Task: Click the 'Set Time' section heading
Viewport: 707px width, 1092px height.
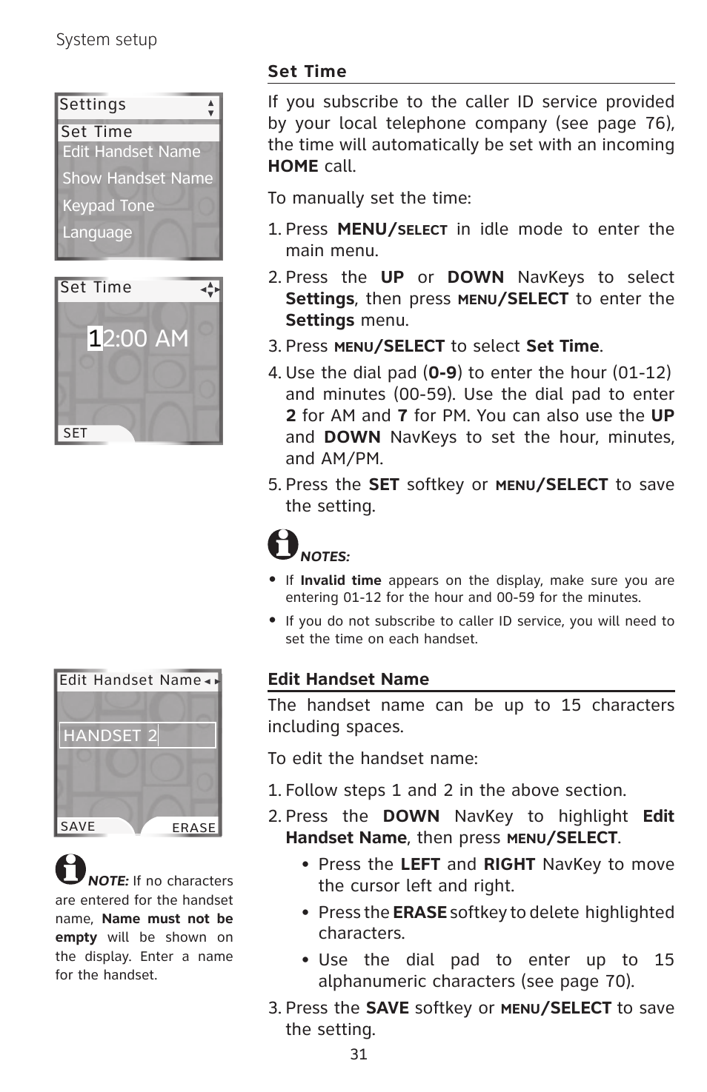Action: click(x=307, y=72)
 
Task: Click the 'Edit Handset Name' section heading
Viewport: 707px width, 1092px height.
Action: click(x=348, y=680)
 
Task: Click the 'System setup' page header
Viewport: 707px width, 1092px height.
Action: click(x=107, y=40)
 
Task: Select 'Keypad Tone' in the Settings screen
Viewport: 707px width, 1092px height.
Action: click(x=108, y=206)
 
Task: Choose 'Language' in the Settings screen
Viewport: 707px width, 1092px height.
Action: click(x=97, y=232)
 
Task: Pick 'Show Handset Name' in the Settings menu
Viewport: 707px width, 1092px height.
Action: click(x=137, y=178)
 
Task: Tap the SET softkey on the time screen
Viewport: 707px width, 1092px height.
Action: click(x=76, y=433)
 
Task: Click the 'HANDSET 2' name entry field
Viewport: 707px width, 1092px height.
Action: click(x=138, y=735)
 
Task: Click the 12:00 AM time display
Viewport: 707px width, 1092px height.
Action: click(x=138, y=338)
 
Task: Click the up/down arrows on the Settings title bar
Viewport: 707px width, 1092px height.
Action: click(x=211, y=108)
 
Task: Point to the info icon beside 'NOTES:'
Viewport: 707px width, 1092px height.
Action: click(x=282, y=544)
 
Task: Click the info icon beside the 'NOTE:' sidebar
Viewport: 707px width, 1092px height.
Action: click(x=70, y=869)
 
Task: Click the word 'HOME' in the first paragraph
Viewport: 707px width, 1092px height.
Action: click(x=293, y=167)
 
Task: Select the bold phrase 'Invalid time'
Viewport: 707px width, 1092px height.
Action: click(x=340, y=580)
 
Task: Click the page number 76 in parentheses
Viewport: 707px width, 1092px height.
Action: click(x=654, y=124)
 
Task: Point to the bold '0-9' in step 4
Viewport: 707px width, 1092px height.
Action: click(x=442, y=372)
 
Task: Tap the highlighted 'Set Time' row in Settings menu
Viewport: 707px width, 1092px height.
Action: click(x=138, y=132)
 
